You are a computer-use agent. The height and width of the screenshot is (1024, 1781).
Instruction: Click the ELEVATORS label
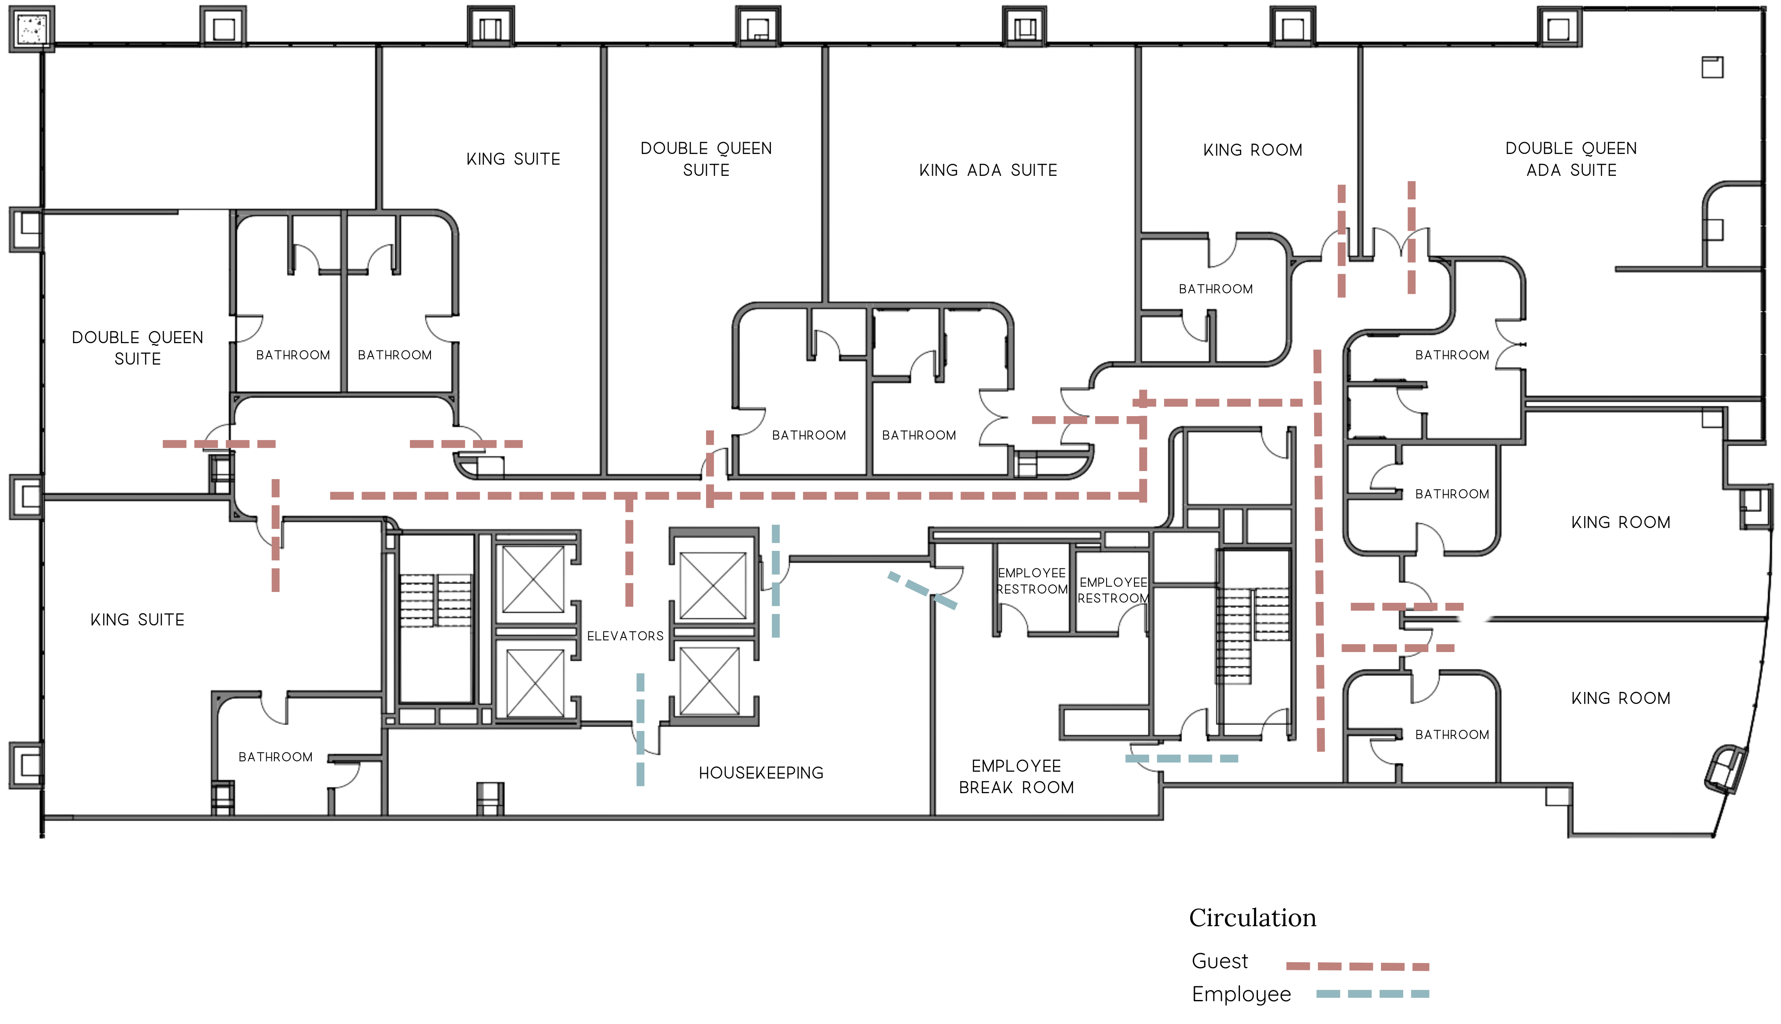point(625,636)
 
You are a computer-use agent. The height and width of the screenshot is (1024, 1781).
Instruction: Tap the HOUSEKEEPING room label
point(761,773)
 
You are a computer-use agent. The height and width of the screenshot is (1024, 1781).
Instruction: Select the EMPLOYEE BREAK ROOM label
point(1016,776)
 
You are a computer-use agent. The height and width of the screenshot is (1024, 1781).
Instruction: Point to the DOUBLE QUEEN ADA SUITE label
point(1571,159)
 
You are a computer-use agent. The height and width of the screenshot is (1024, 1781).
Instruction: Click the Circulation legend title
point(1252,918)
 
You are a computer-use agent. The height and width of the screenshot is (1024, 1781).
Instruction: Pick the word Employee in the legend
point(1241,994)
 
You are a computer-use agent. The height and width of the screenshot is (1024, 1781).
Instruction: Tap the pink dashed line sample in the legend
point(1357,967)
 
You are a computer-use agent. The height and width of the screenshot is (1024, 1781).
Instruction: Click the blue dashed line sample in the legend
point(1372,994)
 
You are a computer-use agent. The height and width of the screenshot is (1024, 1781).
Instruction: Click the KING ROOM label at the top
point(1252,150)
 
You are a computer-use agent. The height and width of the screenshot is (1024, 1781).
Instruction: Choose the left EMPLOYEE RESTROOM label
point(1032,581)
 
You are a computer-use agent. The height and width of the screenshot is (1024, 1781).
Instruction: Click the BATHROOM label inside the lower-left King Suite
point(276,757)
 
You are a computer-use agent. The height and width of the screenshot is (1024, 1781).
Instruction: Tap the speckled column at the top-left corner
point(32,29)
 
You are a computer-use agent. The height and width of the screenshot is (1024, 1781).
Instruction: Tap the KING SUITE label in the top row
point(513,159)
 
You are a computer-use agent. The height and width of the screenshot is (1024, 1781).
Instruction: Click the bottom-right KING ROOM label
point(1621,698)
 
